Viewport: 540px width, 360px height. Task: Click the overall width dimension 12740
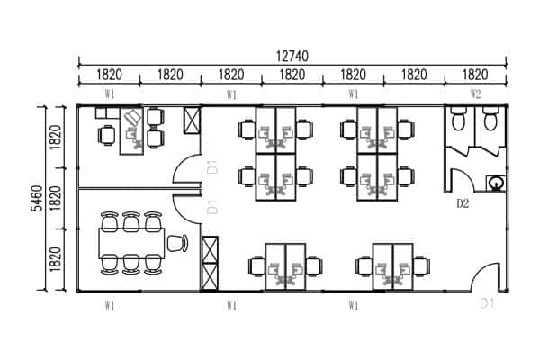[x=292, y=56]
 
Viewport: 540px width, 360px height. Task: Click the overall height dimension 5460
[x=37, y=198]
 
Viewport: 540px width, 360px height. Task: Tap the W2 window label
[x=475, y=94]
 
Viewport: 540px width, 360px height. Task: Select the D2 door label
[x=463, y=204]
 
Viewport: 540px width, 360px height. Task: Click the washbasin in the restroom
[x=496, y=183]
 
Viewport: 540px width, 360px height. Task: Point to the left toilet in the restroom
[x=459, y=118]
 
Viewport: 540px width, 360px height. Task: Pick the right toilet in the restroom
[x=490, y=118]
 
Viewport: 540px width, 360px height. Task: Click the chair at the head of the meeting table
[x=177, y=243]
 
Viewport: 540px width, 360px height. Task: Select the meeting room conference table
[x=131, y=243]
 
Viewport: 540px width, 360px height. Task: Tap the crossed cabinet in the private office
[x=192, y=121]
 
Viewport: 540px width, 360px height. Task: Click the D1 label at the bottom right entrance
[x=487, y=304]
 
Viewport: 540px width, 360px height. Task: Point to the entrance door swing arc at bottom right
[x=480, y=272]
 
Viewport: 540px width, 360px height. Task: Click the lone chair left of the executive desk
[x=107, y=135]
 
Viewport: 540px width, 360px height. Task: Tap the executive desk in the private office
[x=131, y=131]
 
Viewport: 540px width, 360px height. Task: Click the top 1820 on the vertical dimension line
[x=56, y=137]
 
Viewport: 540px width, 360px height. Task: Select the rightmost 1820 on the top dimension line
[x=475, y=75]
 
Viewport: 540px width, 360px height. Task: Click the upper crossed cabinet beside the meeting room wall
[x=210, y=250]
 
